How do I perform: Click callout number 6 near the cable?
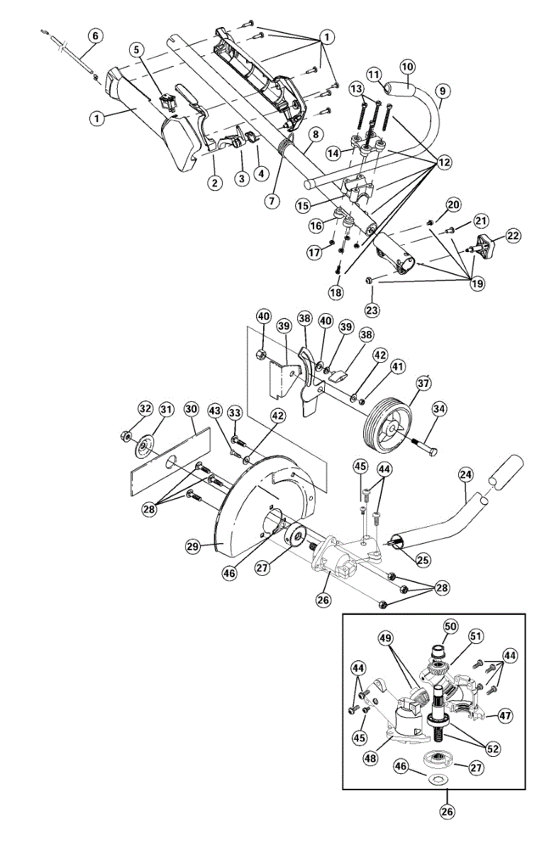pos(96,35)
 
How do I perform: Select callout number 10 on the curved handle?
pos(407,67)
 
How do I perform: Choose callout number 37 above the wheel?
pos(423,384)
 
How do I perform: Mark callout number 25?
pos(423,560)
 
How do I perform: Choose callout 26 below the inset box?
pos(448,809)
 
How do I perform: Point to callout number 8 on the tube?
pos(316,133)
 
